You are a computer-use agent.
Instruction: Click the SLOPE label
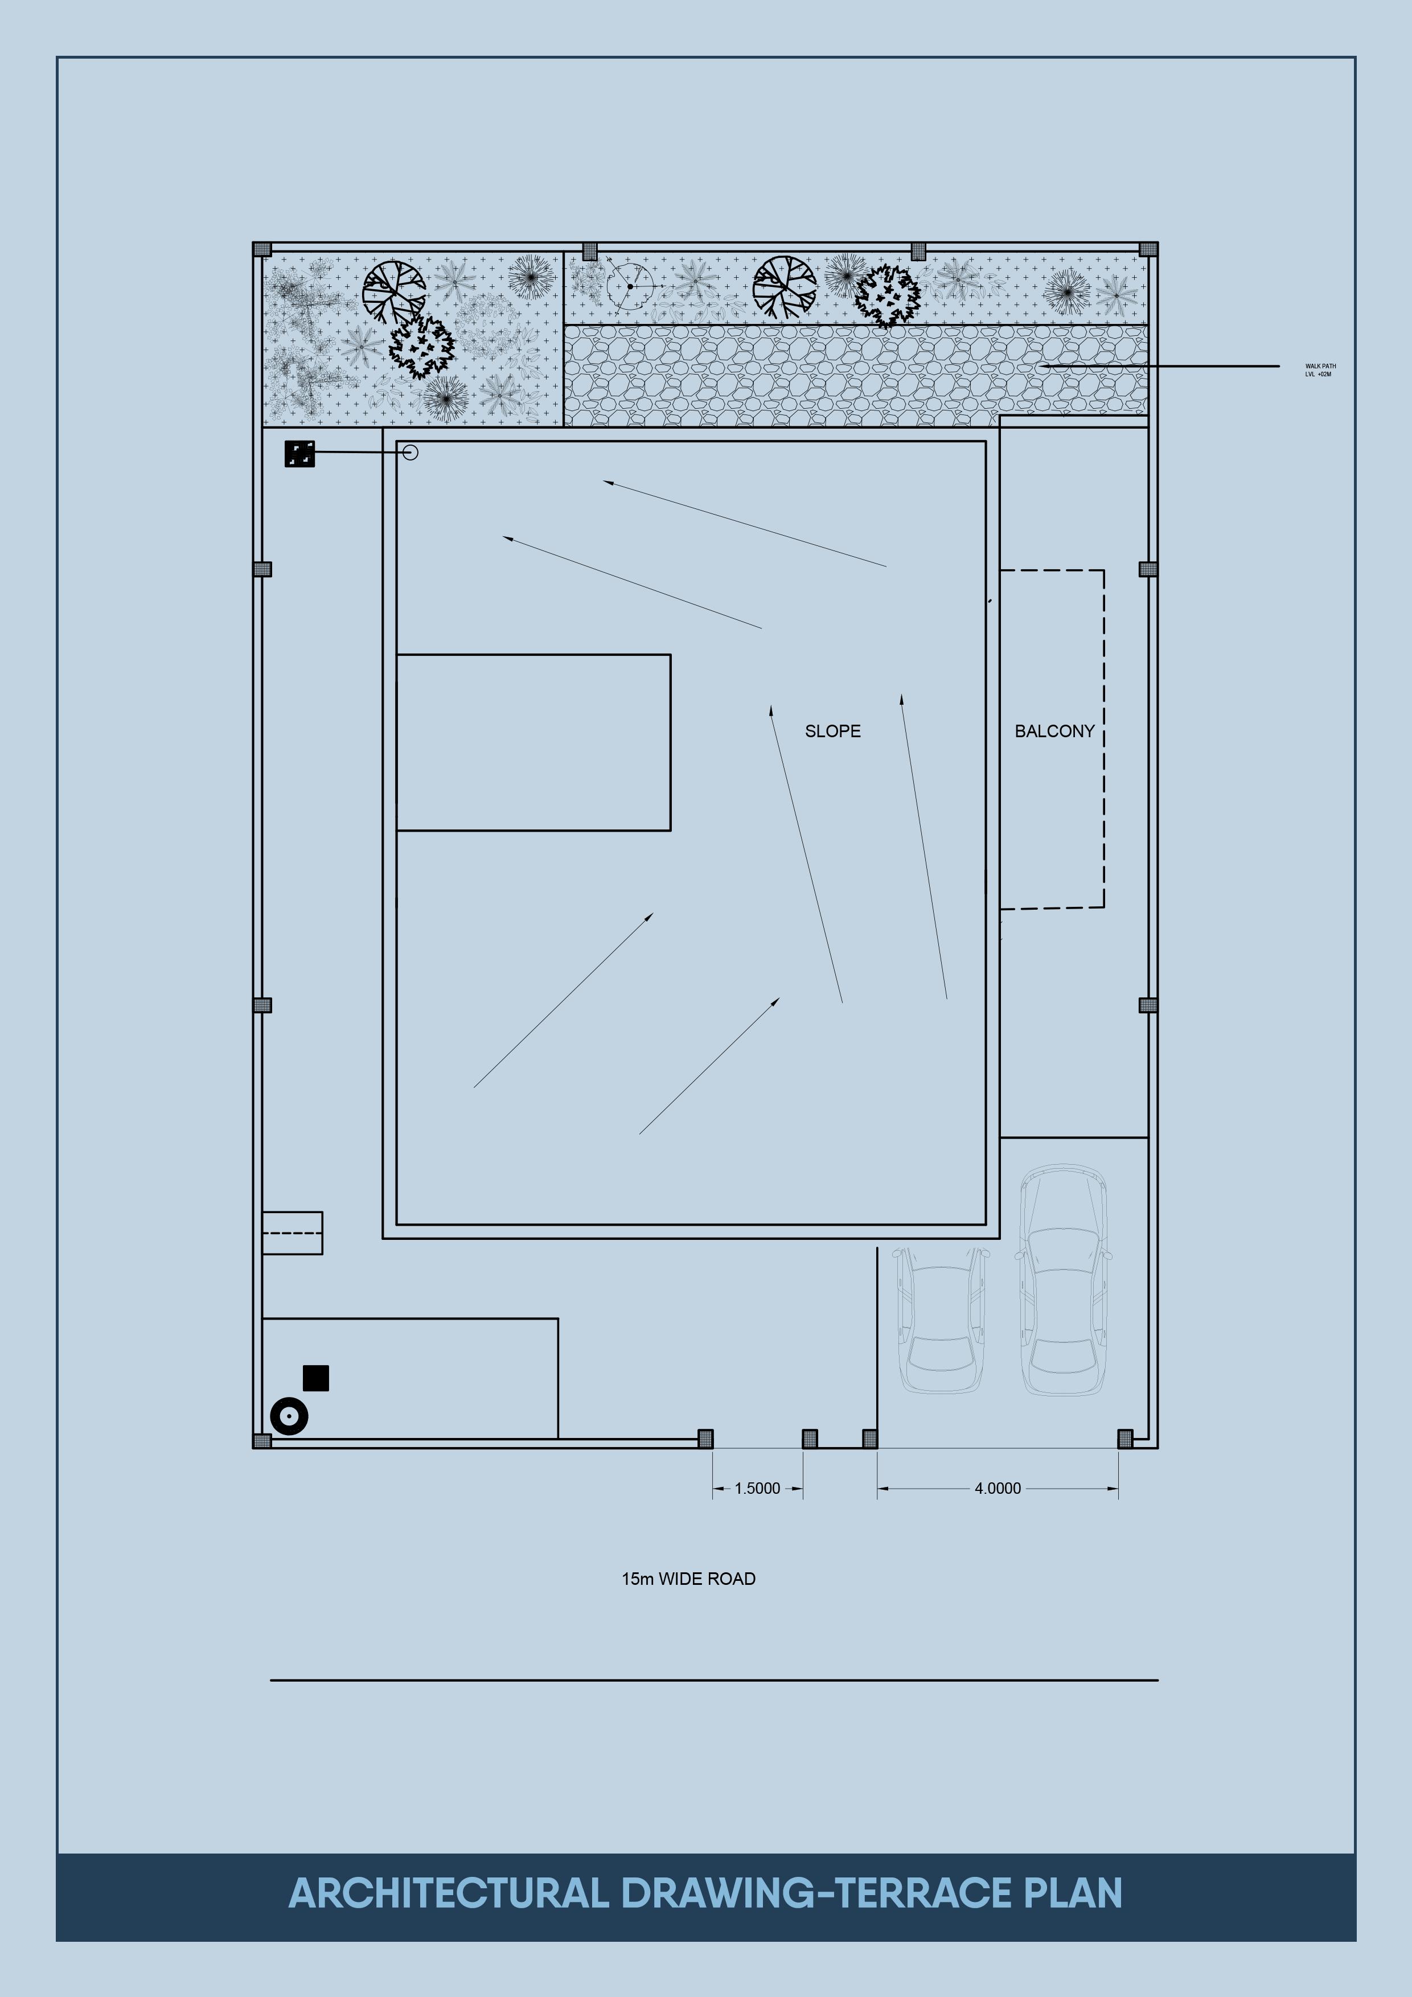click(x=832, y=732)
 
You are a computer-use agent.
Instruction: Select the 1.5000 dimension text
click(x=757, y=1488)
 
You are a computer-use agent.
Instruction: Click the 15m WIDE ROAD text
click(x=688, y=1579)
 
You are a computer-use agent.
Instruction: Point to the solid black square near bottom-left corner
click(x=316, y=1378)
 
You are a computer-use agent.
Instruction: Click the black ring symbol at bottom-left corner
click(x=289, y=1416)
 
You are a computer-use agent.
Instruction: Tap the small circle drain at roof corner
click(x=411, y=452)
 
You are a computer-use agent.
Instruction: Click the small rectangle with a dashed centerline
click(x=292, y=1232)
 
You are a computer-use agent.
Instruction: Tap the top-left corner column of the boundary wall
click(x=262, y=249)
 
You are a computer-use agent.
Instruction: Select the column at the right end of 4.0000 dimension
click(x=1125, y=1439)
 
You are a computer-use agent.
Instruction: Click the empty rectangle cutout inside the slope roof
click(x=533, y=742)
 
